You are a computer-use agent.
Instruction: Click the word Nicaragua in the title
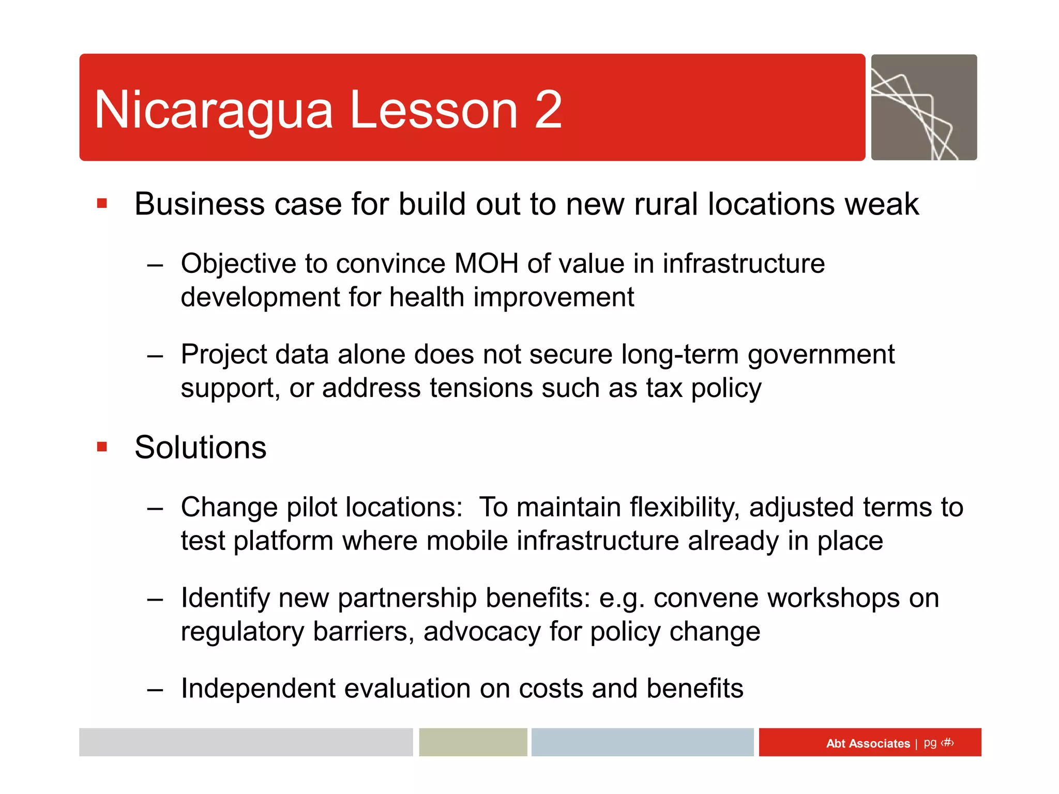click(213, 111)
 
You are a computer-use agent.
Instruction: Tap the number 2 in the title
click(548, 110)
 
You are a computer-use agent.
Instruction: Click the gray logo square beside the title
click(924, 108)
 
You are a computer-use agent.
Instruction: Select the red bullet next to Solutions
click(102, 447)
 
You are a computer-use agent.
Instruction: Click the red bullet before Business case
click(102, 203)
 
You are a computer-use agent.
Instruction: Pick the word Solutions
click(201, 447)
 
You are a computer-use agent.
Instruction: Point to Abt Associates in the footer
click(868, 743)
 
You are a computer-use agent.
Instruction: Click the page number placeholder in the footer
click(947, 743)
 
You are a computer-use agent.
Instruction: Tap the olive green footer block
click(473, 742)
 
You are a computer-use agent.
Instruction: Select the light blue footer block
click(642, 742)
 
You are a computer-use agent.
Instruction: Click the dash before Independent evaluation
click(155, 690)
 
